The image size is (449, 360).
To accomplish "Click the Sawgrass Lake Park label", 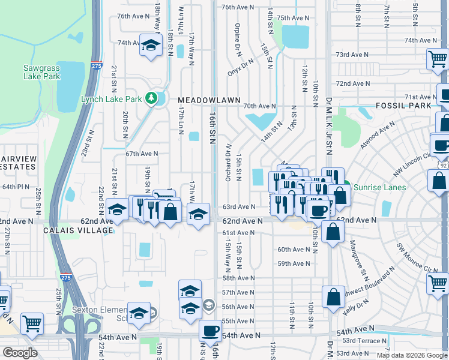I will tap(41, 72).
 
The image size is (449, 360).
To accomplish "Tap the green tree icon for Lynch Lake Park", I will tap(152, 98).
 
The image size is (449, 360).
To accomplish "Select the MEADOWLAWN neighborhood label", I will tap(209, 100).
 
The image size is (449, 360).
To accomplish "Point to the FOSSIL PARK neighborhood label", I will tap(403, 106).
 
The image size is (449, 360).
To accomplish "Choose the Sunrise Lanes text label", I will tap(379, 187).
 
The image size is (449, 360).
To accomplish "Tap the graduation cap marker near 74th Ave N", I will tap(151, 45).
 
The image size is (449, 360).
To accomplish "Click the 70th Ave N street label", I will tap(259, 106).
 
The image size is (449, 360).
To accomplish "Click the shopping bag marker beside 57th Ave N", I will tap(333, 296).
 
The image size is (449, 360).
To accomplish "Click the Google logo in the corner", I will tap(19, 353).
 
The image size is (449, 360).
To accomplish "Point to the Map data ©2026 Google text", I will tap(412, 355).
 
